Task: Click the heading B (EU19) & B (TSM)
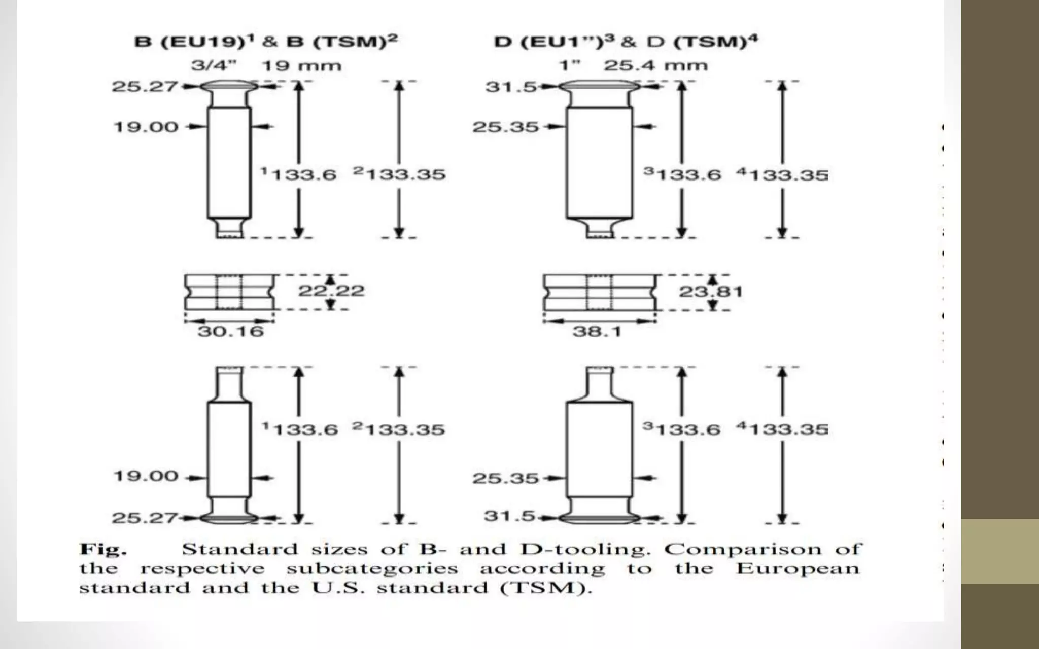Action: (x=265, y=41)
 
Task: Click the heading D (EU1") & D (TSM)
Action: (x=626, y=41)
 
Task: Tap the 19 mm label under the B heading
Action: (x=301, y=66)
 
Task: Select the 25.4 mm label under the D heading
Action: (x=655, y=65)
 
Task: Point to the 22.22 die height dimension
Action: (x=331, y=291)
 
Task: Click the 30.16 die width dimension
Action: (x=230, y=332)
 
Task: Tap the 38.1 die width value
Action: (x=597, y=332)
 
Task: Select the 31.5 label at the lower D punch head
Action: (x=509, y=516)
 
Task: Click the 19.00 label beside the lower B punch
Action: (x=146, y=476)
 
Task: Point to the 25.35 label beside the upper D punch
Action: (x=505, y=127)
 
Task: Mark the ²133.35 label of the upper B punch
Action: (x=399, y=174)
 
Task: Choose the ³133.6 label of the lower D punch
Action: (x=682, y=429)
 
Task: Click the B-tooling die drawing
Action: (x=229, y=292)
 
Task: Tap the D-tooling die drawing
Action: (x=599, y=293)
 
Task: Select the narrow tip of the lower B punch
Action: (x=229, y=378)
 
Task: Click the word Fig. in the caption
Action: (x=103, y=549)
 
